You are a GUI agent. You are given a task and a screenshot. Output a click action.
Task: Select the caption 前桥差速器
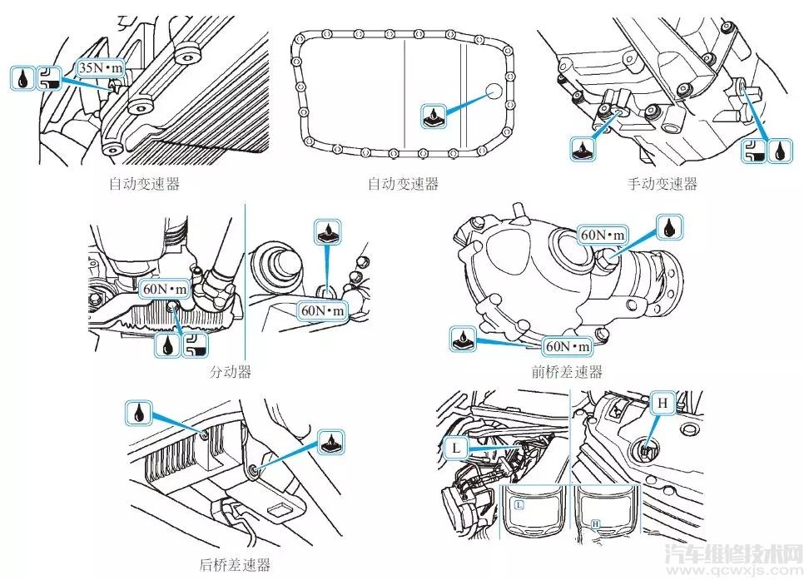569,371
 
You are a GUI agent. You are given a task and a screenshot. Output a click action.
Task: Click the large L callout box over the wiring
455,447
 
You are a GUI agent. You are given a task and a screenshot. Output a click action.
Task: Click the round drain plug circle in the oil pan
494,91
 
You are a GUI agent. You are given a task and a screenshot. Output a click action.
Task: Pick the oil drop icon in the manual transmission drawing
779,151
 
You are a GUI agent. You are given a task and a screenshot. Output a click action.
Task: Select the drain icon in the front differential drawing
462,339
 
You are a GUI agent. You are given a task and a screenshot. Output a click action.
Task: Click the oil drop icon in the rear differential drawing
138,411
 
